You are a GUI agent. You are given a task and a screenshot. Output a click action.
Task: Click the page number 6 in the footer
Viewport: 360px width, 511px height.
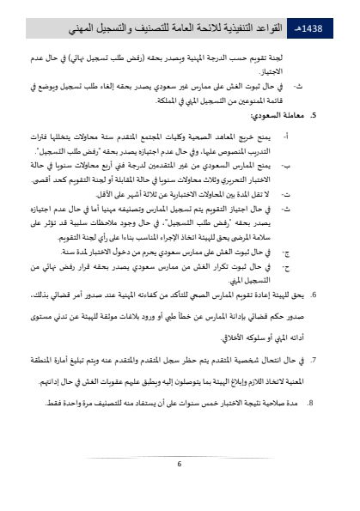click(180, 464)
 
